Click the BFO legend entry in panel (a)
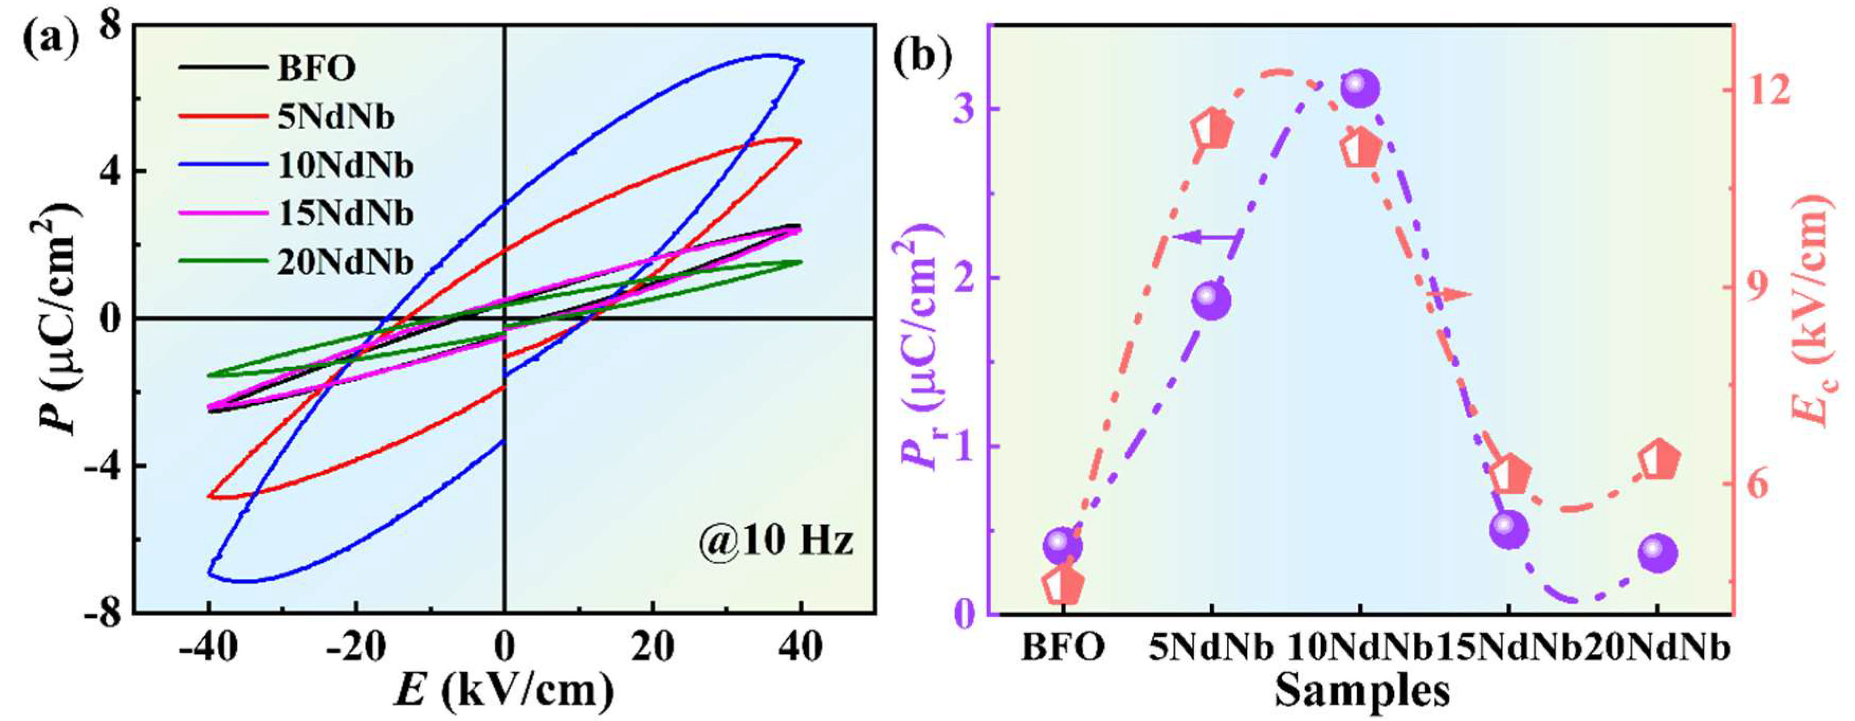point(316,69)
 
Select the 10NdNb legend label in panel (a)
point(345,167)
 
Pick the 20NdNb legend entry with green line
point(345,263)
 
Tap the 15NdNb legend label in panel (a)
point(345,215)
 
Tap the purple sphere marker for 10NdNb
point(1360,88)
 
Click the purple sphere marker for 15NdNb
point(1509,530)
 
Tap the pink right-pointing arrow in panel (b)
point(1447,294)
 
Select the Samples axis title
point(1361,693)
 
